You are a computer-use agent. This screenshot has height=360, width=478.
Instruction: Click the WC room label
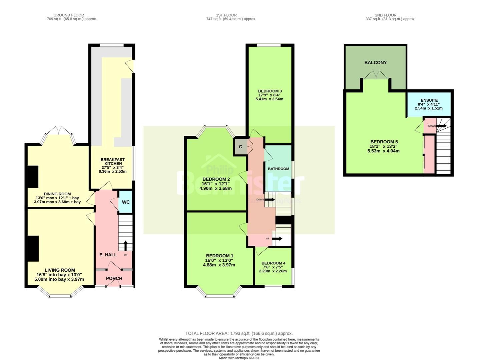point(126,202)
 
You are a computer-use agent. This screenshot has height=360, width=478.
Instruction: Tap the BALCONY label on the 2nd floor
point(375,63)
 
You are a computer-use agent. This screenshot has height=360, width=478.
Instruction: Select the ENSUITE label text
point(429,100)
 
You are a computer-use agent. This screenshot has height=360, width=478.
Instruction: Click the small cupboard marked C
point(241,147)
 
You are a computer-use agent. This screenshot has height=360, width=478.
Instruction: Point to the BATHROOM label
point(279,169)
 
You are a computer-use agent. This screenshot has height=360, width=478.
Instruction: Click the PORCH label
point(114,278)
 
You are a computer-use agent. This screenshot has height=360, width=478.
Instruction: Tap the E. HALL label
point(108,255)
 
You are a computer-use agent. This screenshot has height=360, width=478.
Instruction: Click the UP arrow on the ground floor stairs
point(125,245)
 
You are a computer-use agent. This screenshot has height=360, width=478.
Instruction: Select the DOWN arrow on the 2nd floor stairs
point(442,126)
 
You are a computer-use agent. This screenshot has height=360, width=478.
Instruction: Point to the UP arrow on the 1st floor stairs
point(277,239)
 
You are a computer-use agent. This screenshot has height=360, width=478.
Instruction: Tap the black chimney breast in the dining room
point(33,176)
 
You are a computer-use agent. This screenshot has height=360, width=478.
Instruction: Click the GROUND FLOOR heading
point(69,15)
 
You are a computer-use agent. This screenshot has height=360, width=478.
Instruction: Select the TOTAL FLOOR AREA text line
point(239,333)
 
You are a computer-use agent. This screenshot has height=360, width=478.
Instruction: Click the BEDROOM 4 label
point(273,263)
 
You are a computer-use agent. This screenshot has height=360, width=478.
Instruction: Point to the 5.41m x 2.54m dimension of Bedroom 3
point(270,99)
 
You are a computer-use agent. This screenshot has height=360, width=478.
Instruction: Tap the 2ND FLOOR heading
point(386,15)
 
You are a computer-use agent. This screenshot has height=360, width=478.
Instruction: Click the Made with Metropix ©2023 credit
point(239,358)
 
